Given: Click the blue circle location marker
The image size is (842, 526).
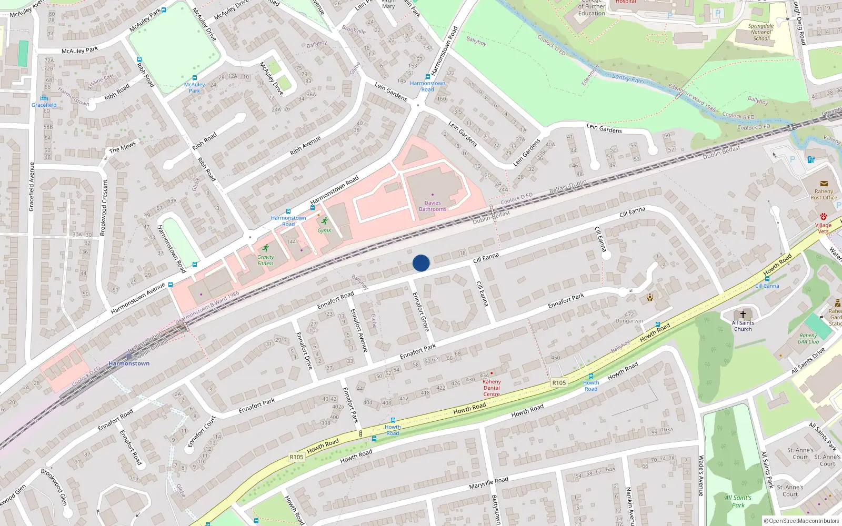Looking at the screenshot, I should (421, 263).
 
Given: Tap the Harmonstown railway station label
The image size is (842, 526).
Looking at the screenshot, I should (129, 363).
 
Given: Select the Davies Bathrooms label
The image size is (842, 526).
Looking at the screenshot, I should (433, 206).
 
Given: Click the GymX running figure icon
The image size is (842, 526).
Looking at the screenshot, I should (324, 221).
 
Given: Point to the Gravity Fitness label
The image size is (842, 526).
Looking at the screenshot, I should (265, 260).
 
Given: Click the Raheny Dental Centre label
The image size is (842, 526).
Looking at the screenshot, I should (492, 388).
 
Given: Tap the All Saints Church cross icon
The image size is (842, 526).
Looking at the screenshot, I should (743, 315).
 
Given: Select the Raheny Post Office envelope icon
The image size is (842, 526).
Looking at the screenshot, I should (824, 184).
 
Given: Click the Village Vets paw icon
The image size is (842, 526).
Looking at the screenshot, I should (823, 217).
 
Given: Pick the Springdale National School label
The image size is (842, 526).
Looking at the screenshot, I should (761, 32).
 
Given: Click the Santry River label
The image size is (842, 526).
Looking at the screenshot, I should (628, 78).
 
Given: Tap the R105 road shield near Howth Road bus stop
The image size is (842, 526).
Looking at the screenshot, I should (559, 382).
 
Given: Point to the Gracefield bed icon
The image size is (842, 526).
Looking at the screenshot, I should (44, 98).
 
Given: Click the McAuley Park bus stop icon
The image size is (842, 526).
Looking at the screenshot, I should (195, 78).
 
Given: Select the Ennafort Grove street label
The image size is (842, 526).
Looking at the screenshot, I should (421, 311).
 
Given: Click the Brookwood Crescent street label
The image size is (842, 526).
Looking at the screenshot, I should (105, 207).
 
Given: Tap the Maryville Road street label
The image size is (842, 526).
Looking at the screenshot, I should (488, 483).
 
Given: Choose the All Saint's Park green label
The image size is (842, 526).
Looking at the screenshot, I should (738, 501).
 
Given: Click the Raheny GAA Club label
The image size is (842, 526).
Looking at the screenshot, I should (808, 338).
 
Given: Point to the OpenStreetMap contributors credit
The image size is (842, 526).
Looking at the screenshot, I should (801, 521).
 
